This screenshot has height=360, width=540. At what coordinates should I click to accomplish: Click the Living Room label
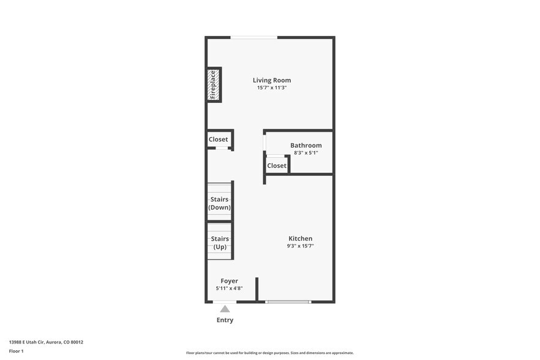click(x=272, y=80)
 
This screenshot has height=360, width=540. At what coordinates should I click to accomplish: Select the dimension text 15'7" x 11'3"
click(x=272, y=88)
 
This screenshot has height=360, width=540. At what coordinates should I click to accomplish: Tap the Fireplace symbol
click(x=213, y=84)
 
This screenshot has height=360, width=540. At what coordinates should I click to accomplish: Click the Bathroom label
click(x=306, y=145)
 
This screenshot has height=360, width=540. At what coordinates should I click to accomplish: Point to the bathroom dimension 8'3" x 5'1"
click(x=306, y=153)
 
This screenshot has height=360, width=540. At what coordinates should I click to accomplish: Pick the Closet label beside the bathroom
click(x=277, y=166)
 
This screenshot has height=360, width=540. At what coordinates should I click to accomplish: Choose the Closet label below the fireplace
click(x=218, y=140)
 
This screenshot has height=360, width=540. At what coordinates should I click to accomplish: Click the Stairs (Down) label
click(x=220, y=203)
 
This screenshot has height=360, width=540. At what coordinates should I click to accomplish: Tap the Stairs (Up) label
click(x=220, y=242)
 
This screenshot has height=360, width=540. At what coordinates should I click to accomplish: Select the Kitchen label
click(x=301, y=239)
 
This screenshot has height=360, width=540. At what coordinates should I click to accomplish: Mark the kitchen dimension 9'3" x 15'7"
click(x=301, y=246)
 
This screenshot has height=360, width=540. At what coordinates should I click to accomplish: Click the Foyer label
click(x=229, y=281)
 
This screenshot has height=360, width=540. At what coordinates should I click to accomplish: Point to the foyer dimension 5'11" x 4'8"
click(x=229, y=288)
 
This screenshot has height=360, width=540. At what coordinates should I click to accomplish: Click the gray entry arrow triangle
click(x=225, y=309)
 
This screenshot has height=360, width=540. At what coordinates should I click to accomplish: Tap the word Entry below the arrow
click(x=225, y=320)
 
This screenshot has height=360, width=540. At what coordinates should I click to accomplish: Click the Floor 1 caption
click(x=16, y=351)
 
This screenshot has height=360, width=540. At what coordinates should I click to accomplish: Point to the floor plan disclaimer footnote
click(x=269, y=353)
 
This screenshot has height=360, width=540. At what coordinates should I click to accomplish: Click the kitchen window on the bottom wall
click(x=288, y=301)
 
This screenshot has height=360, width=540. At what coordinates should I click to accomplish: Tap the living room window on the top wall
click(x=254, y=38)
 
